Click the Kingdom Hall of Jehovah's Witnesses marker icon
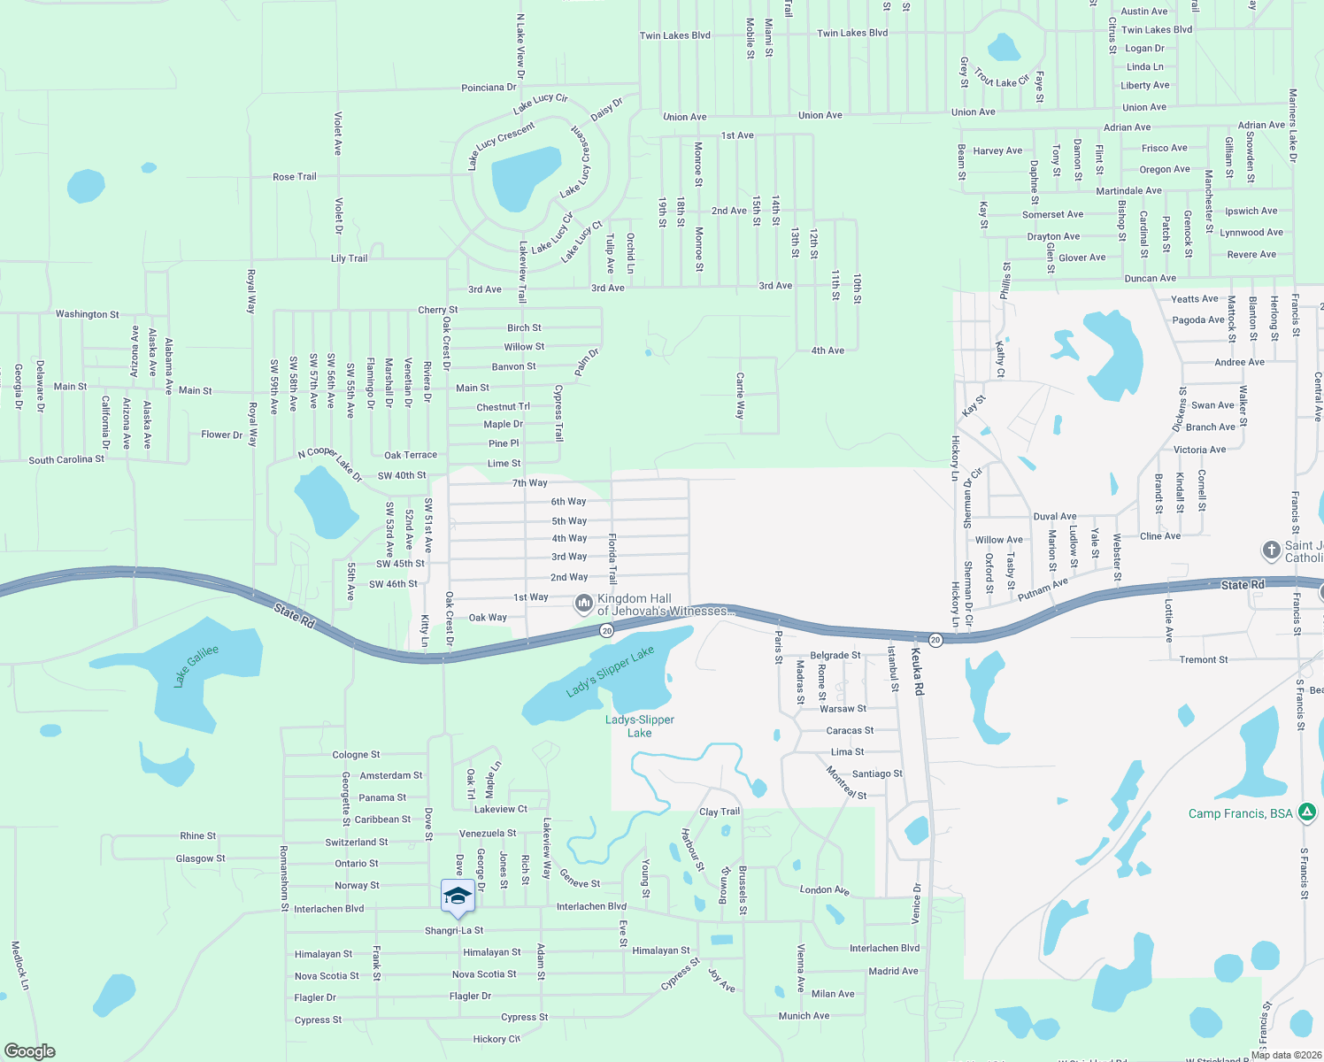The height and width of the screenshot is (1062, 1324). (583, 604)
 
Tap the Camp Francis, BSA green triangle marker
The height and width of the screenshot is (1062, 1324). (1307, 812)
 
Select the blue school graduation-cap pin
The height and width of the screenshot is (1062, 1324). (458, 897)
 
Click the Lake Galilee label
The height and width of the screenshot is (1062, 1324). (196, 666)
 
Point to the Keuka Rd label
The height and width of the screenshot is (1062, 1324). (918, 670)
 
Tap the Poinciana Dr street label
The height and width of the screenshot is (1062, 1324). (489, 88)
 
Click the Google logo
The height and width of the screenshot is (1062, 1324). (30, 1051)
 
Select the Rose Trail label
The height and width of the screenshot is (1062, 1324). (295, 177)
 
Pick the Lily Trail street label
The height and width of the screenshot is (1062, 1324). (349, 258)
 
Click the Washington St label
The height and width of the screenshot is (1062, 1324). (87, 314)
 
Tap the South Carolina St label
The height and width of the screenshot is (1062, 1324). (66, 460)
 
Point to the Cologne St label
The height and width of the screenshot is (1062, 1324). (356, 755)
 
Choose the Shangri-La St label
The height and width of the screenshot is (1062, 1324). (454, 930)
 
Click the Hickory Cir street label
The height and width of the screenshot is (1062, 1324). (496, 1039)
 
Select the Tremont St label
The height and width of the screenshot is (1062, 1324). (1204, 659)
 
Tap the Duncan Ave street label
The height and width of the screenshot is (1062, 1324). (1150, 278)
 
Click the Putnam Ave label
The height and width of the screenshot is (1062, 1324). (1043, 589)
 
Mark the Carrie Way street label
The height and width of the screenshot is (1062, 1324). (740, 395)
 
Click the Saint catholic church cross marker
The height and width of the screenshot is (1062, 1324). (1272, 550)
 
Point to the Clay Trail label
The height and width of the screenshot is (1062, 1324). (720, 812)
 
